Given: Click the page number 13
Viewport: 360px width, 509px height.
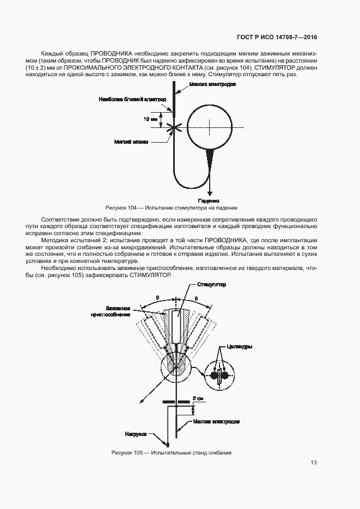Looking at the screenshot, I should (x=313, y=463).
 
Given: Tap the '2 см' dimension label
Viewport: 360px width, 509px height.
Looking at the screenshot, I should (x=199, y=399).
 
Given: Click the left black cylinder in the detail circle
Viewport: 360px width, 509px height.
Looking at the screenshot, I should (x=214, y=375).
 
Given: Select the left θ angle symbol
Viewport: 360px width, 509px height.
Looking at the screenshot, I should (x=157, y=298).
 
